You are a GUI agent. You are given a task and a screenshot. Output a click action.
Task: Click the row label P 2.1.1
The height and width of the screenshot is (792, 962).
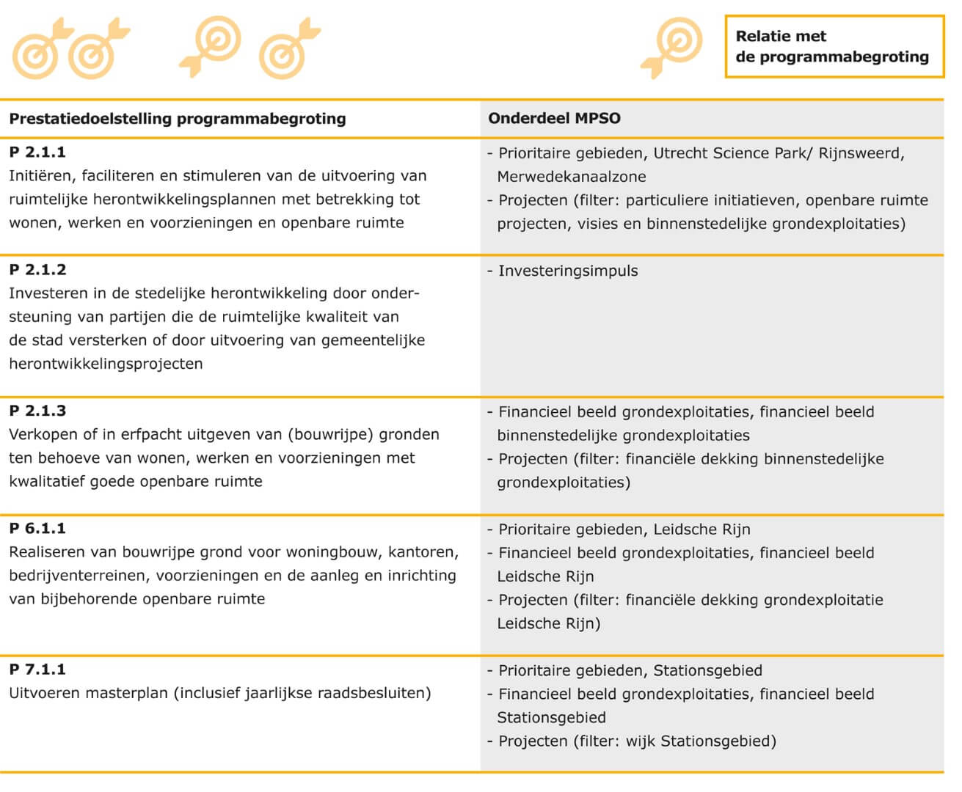[x=37, y=153]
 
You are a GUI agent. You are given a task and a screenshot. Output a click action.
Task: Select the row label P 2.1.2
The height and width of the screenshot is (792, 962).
[x=37, y=270]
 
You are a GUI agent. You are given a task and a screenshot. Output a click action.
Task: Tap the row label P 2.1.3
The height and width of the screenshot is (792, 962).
[x=37, y=411]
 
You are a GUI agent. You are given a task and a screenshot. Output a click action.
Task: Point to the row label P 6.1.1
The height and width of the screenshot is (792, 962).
[x=37, y=528]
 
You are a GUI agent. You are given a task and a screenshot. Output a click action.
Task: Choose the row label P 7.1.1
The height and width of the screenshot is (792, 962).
[x=37, y=669]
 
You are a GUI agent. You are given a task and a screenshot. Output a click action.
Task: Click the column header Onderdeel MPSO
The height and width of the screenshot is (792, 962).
[x=554, y=118]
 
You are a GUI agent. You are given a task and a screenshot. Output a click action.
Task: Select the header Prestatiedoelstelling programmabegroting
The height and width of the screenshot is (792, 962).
[x=178, y=119]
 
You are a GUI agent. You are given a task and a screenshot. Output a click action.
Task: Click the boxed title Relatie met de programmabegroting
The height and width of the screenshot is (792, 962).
[x=834, y=46]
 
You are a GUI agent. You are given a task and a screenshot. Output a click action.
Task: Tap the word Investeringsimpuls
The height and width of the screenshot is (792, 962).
[x=568, y=271]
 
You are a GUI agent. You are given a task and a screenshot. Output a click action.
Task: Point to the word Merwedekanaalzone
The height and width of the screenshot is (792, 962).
[x=572, y=177]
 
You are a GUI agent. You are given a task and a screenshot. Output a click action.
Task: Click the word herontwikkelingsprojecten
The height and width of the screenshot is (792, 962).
[x=106, y=364]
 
